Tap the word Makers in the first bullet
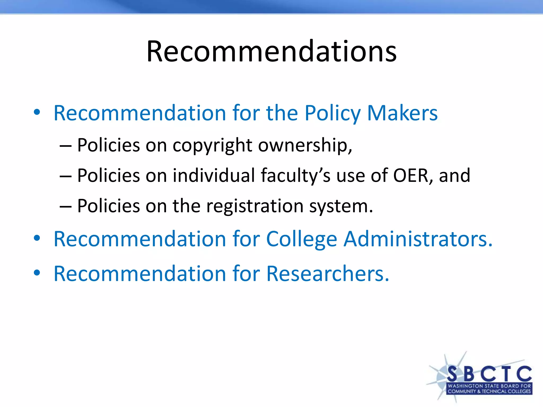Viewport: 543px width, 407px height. [x=402, y=113]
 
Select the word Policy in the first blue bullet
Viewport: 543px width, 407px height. [x=332, y=113]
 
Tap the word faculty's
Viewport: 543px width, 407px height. [x=296, y=175]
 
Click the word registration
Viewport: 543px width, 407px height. [x=255, y=206]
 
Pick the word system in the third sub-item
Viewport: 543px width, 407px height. [x=341, y=206]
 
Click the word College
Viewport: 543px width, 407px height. [x=301, y=239]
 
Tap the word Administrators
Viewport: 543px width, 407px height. [x=418, y=239]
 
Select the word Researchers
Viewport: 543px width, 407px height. [x=328, y=273]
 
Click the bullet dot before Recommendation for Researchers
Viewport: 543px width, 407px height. [x=37, y=273]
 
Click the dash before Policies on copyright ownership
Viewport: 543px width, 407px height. [x=65, y=146]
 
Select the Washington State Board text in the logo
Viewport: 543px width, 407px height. [x=489, y=386]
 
